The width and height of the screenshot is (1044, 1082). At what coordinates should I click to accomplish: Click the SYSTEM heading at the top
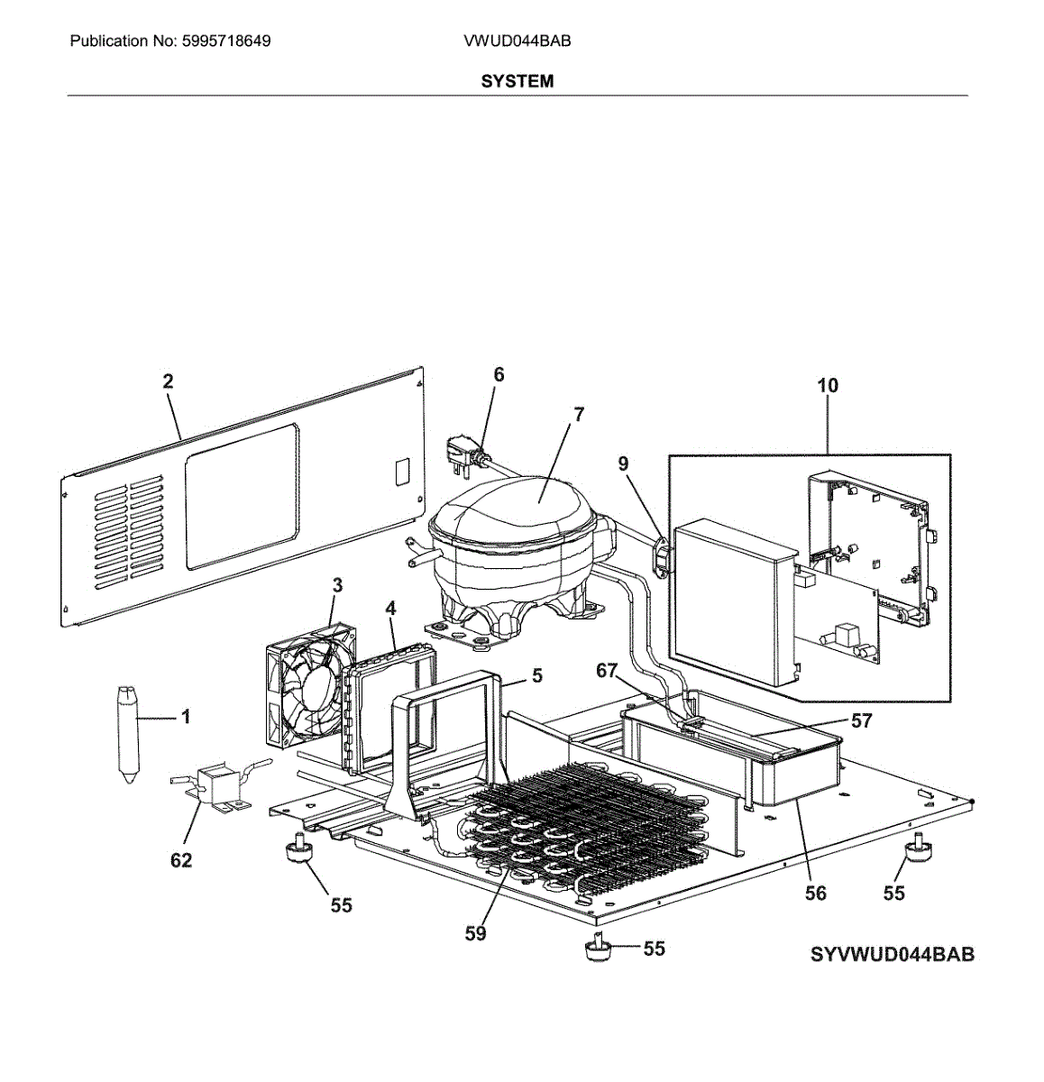(517, 81)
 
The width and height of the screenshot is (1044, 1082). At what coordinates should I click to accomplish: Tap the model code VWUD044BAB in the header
(517, 41)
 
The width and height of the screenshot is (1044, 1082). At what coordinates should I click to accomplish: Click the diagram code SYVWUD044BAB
(892, 955)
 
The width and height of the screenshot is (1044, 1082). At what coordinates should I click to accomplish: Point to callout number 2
(168, 381)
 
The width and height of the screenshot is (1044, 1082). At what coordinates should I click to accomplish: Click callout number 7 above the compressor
(579, 415)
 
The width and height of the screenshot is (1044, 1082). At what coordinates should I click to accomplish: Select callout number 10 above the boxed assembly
(827, 386)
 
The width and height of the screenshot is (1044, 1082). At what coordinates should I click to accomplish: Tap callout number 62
(181, 860)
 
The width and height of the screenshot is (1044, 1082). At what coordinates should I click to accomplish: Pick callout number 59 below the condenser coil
(475, 934)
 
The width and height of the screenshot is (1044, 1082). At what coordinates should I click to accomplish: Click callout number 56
(815, 893)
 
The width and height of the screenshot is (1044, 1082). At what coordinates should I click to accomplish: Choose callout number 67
(607, 671)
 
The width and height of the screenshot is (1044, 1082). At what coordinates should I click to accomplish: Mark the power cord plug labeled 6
(462, 452)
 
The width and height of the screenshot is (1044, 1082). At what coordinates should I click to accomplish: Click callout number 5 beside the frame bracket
(537, 675)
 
